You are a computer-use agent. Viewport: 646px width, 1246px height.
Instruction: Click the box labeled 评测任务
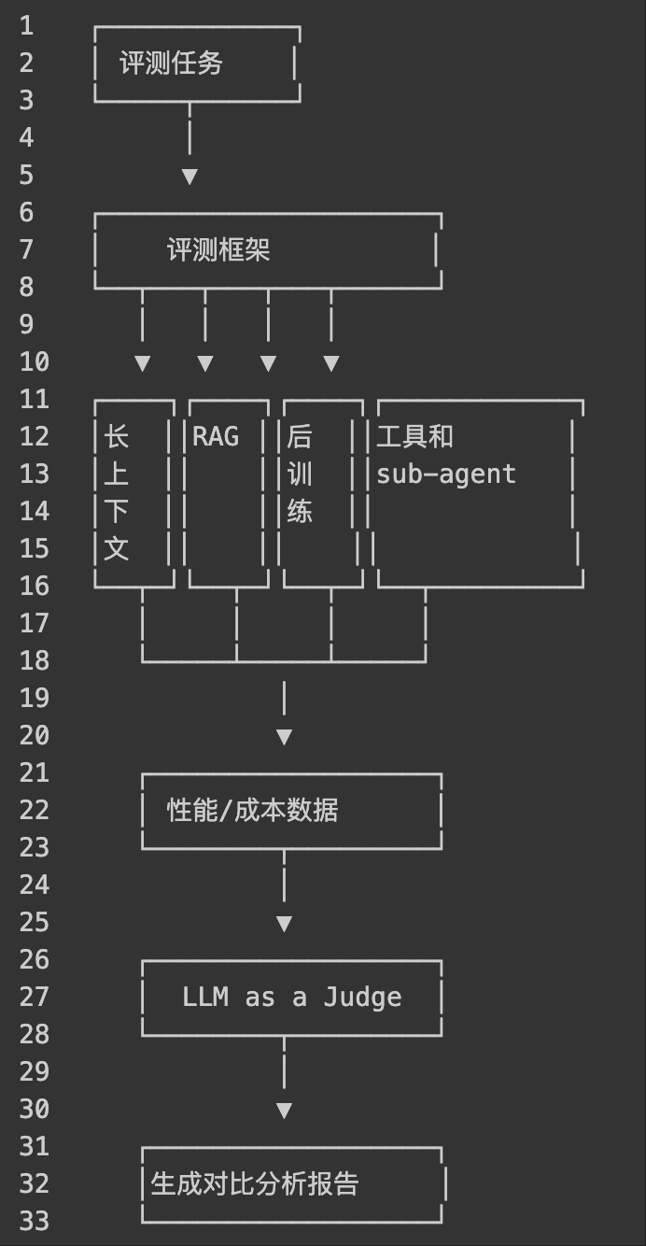(172, 64)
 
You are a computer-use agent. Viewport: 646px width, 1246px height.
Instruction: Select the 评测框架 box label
(218, 250)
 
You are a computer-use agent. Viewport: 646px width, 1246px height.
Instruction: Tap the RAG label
(216, 437)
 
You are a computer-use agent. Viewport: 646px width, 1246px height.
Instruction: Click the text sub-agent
(446, 474)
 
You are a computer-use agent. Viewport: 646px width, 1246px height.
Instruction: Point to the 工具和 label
(414, 437)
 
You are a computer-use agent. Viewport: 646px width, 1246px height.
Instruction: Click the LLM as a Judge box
(291, 998)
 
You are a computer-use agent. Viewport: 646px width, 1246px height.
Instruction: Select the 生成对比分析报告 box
(255, 1184)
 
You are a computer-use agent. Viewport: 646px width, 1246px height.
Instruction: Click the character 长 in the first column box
(116, 437)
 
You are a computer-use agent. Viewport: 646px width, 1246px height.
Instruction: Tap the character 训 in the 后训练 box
(300, 474)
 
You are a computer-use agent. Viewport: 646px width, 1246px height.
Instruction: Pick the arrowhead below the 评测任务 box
(190, 177)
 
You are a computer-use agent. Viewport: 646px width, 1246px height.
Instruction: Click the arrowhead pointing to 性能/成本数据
(284, 737)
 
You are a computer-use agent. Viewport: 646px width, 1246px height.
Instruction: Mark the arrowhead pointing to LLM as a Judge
(284, 924)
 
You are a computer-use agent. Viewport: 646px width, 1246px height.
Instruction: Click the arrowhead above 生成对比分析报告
(284, 1111)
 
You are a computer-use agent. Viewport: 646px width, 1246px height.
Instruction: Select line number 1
(26, 26)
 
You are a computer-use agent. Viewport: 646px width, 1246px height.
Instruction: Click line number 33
(34, 1222)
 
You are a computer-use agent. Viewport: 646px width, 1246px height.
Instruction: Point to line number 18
(34, 661)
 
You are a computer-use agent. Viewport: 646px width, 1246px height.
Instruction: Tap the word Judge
(362, 998)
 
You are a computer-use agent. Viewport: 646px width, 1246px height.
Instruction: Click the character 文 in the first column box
(116, 549)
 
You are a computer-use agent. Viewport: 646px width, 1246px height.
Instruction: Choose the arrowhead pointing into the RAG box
(205, 363)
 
